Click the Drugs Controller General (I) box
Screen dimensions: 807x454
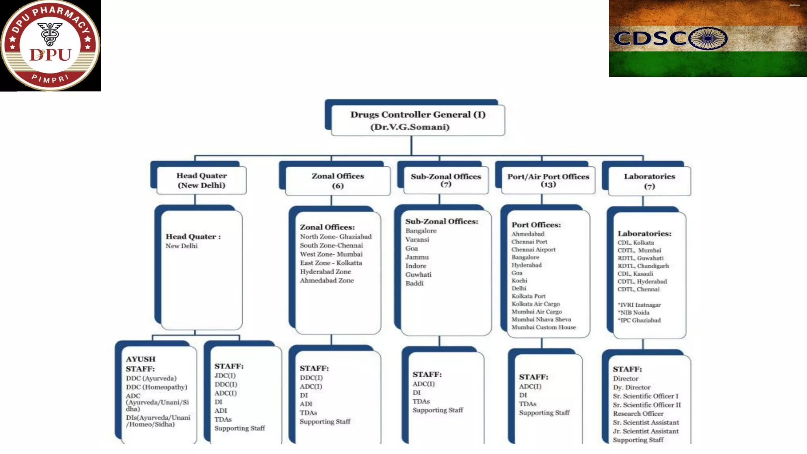pyautogui.click(x=418, y=120)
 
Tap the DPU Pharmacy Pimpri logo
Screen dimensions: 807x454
pyautogui.click(x=50, y=46)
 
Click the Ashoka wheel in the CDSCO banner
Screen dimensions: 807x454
pyautogui.click(x=708, y=38)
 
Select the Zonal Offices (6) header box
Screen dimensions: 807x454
pyautogui.click(x=338, y=180)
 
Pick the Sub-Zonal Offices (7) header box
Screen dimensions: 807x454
pyautogui.click(x=446, y=180)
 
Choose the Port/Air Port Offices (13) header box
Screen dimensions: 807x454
pyautogui.click(x=548, y=180)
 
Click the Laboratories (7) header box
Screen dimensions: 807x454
pyautogui.click(x=649, y=181)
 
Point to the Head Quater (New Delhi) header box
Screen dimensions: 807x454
pyautogui.click(x=201, y=180)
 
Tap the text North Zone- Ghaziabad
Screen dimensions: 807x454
pyautogui.click(x=336, y=236)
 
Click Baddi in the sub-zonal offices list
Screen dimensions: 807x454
pyautogui.click(x=415, y=283)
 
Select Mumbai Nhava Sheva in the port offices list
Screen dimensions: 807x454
pyautogui.click(x=541, y=320)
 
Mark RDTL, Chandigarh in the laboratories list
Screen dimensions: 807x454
pyautogui.click(x=643, y=266)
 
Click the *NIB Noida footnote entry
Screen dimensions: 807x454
pyautogui.click(x=634, y=313)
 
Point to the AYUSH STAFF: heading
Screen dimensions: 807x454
pyautogui.click(x=141, y=364)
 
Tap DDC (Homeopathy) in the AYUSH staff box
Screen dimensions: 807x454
pyautogui.click(x=156, y=387)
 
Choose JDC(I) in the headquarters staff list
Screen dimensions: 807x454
pyautogui.click(x=225, y=376)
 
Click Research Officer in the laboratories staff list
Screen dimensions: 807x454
pyautogui.click(x=638, y=414)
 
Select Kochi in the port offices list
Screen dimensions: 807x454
pyautogui.click(x=519, y=281)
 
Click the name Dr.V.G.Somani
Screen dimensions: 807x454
pyautogui.click(x=410, y=127)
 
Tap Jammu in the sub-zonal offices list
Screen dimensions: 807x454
pyautogui.click(x=417, y=257)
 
